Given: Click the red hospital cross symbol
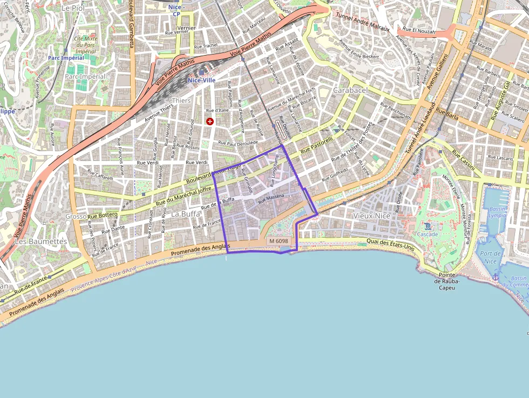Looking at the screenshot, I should coord(210,122).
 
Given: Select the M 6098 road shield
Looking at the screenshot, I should coord(279,241).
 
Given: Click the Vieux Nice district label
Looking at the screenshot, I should coord(371,215).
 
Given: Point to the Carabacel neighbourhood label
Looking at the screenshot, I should coord(350,90).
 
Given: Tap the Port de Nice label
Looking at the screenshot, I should coord(490,258).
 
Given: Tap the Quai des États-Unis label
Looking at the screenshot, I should coord(390,245).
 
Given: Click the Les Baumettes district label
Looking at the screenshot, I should coord(40,241).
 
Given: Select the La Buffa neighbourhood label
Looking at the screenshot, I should coord(185,214).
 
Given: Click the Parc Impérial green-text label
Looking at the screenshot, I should coord(66,58).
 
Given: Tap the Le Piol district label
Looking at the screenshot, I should coord(73,9).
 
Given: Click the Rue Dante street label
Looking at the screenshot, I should coord(113,229).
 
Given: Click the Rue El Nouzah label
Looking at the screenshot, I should coord(419,32).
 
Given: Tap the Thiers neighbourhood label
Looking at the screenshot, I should coord(181,101).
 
